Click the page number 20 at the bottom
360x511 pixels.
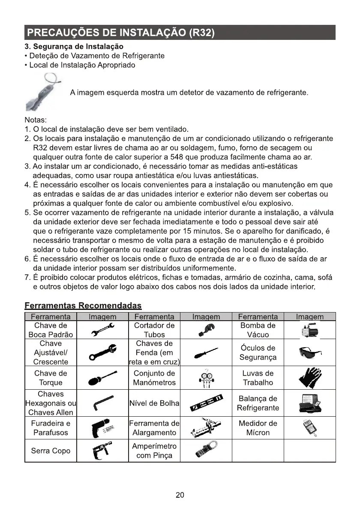pyautogui.click(x=180, y=495)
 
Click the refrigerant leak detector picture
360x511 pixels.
pyautogui.click(x=44, y=93)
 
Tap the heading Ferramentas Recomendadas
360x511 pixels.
pyautogui.click(x=83, y=306)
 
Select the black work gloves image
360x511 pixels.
pyautogui.click(x=309, y=378)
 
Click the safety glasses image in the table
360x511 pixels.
pyautogui.click(x=309, y=352)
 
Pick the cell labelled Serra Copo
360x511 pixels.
pyautogui.click(x=51, y=451)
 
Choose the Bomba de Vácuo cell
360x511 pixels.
pyautogui.click(x=258, y=330)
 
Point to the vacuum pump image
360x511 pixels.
pyautogui.click(x=309, y=330)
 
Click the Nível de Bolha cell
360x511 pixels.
pyautogui.click(x=154, y=403)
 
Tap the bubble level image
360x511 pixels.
pyautogui.click(x=207, y=403)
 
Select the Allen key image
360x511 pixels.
pyautogui.click(x=102, y=403)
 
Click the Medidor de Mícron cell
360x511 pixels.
pyautogui.click(x=258, y=428)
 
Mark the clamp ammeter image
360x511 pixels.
pyautogui.click(x=206, y=451)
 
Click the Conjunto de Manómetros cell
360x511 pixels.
pyautogui.click(x=154, y=378)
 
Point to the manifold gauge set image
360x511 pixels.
pyautogui.click(x=206, y=378)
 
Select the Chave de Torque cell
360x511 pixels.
pyautogui.click(x=51, y=378)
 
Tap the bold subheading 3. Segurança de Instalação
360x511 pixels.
pyautogui.click(x=74, y=46)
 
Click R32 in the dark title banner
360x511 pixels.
pyautogui.click(x=201, y=33)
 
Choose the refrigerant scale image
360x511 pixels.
pyautogui.click(x=309, y=403)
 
